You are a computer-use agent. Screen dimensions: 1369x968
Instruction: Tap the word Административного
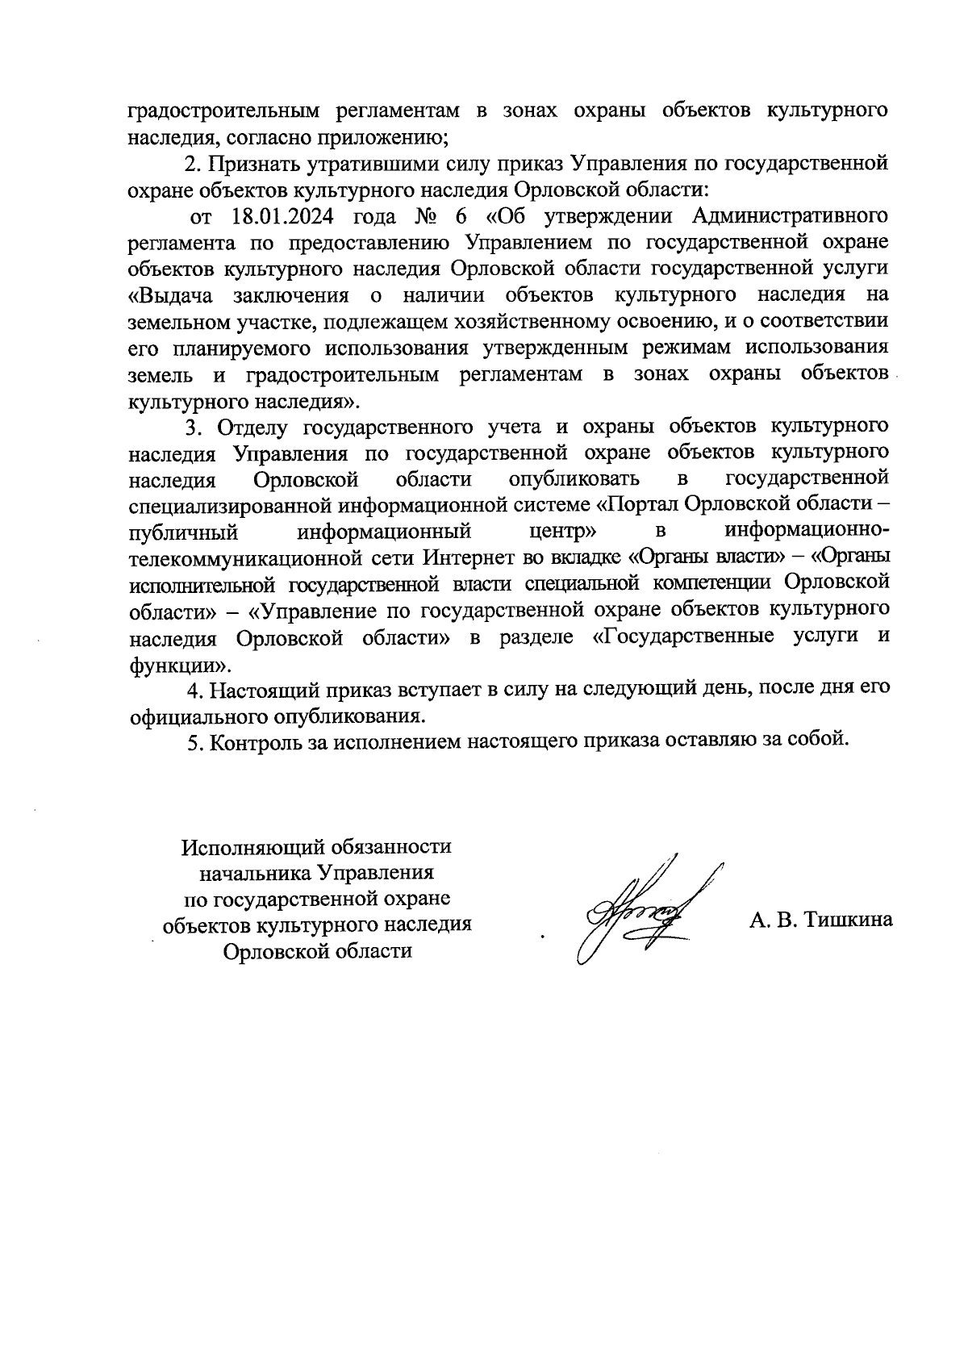tap(791, 217)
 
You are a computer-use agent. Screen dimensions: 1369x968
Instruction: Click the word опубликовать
tap(574, 479)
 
